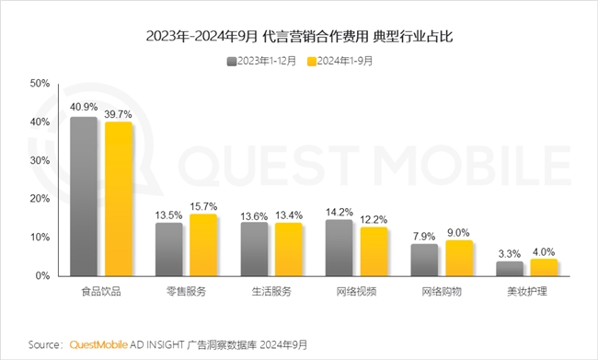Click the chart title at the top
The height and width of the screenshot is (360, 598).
pos(299,37)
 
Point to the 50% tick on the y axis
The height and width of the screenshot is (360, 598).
pos(40,83)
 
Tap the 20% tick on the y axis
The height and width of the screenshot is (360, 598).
pos(40,198)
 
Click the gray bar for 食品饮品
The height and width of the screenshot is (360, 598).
pos(84,196)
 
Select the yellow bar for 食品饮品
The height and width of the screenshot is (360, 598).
pos(118,199)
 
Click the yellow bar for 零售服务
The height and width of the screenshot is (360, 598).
pos(202,245)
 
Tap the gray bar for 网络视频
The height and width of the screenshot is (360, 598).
pos(339,248)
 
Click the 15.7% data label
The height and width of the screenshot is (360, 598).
pos(203,205)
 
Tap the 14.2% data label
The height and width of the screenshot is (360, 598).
pos(339,211)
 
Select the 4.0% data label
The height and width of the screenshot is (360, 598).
pos(544,250)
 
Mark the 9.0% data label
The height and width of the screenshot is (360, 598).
pos(459,231)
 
